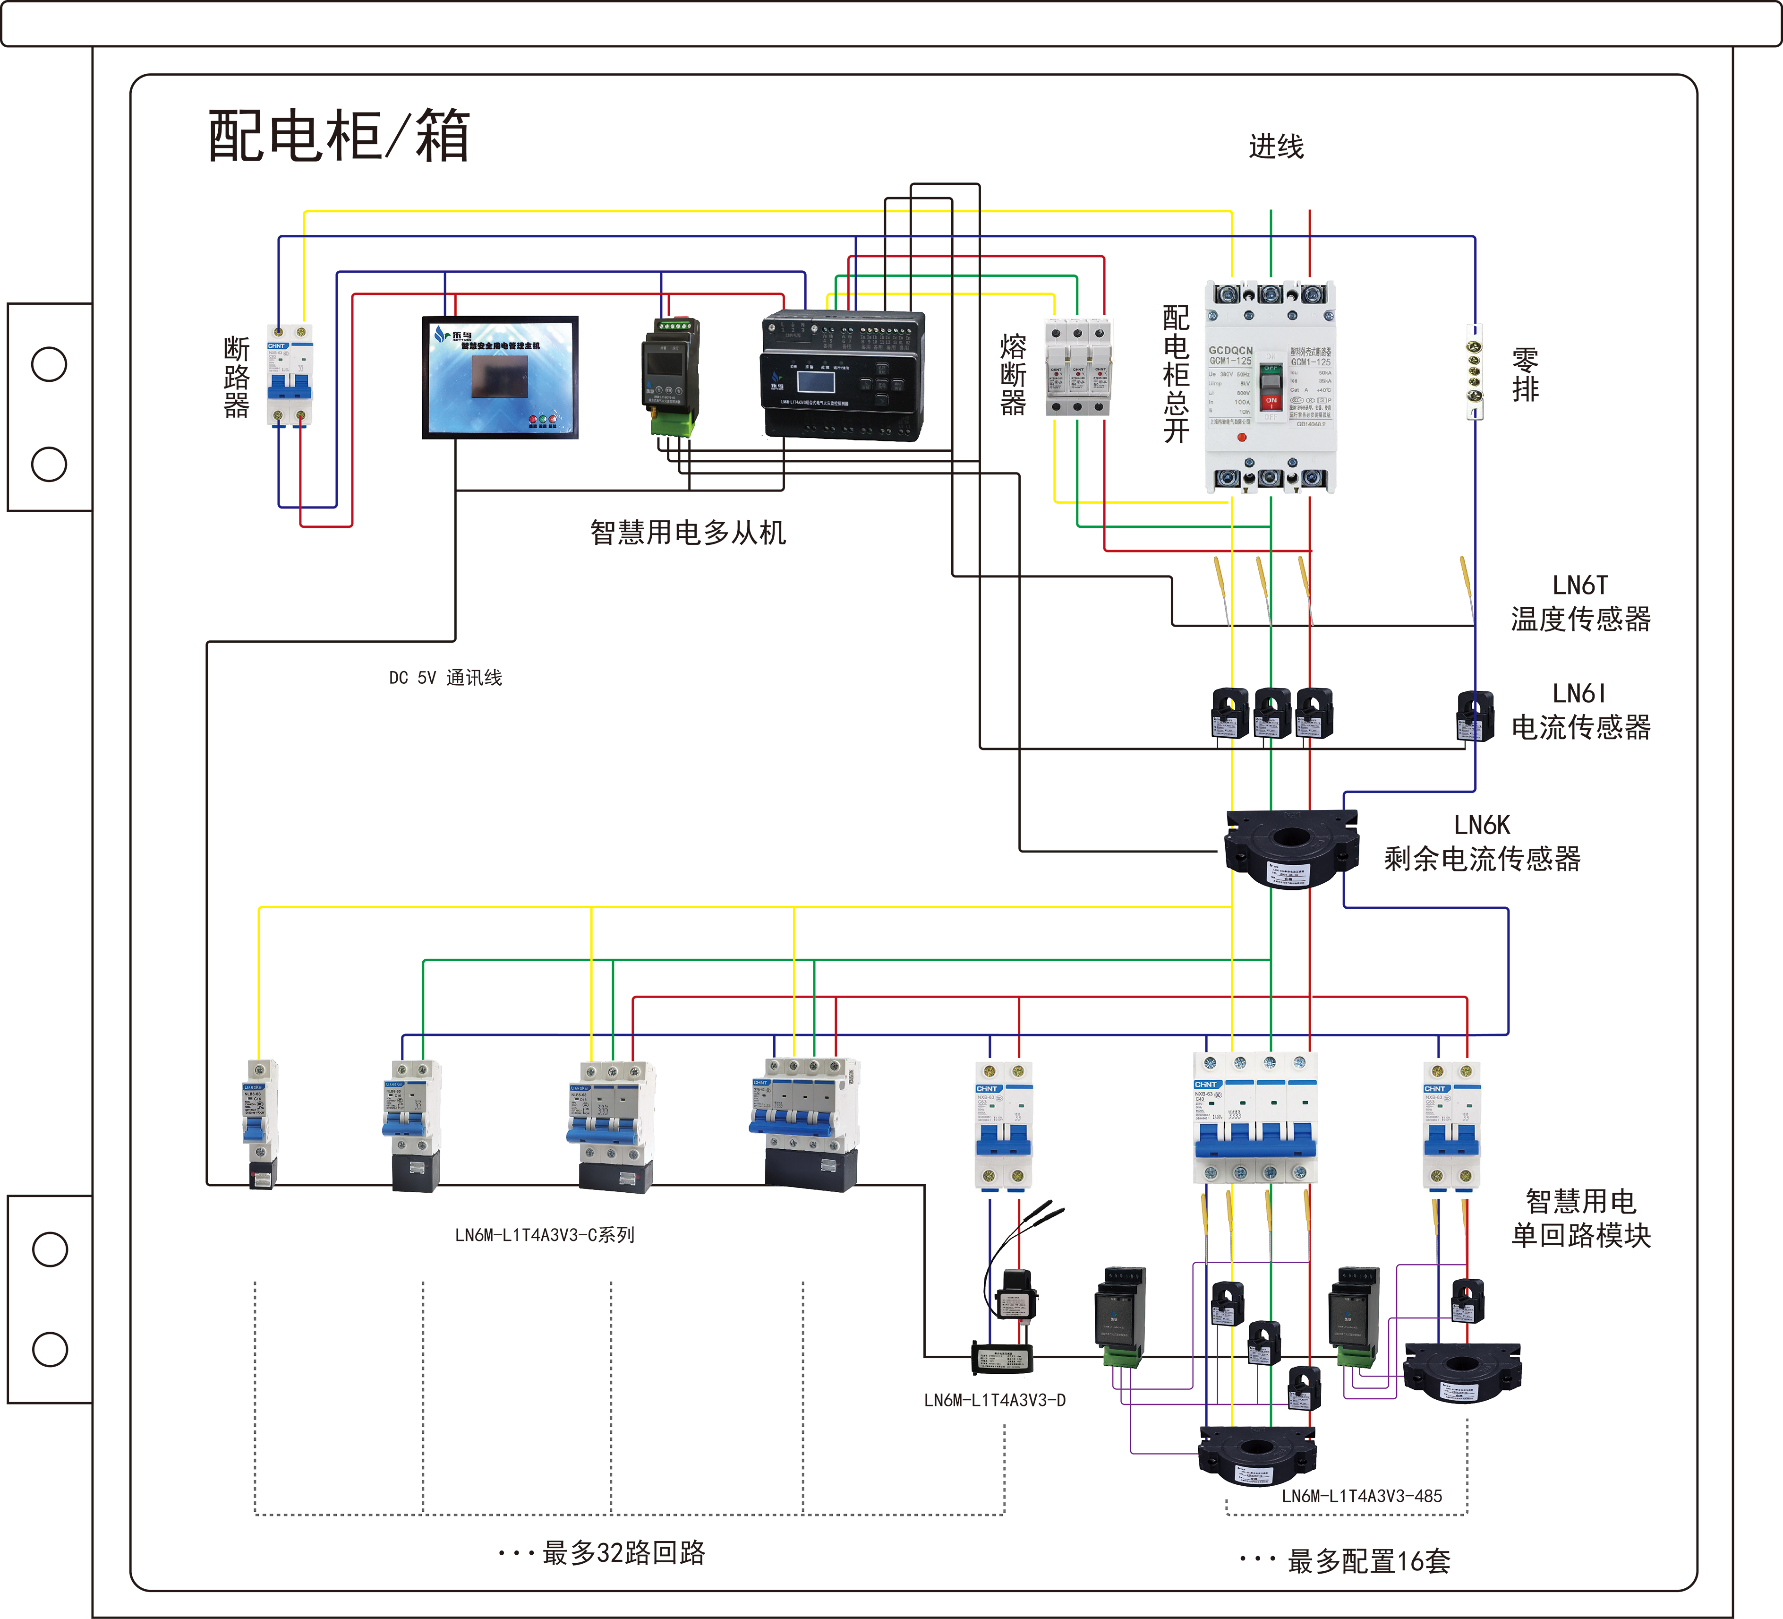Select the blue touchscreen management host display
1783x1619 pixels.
point(500,378)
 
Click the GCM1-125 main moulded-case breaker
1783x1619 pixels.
point(1270,387)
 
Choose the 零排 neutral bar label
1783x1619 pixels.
point(1525,374)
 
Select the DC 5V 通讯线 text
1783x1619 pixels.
point(445,678)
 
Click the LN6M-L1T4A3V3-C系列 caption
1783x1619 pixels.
point(544,1235)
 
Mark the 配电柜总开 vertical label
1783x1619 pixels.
point(1176,374)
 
